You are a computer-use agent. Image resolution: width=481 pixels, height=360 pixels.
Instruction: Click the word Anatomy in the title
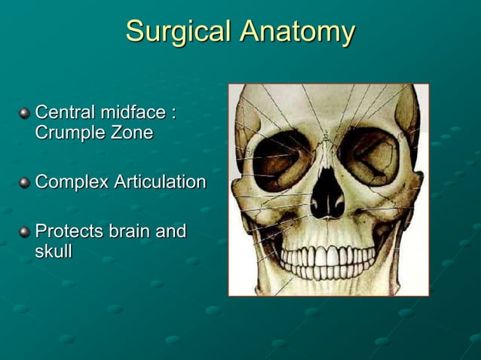[297, 32]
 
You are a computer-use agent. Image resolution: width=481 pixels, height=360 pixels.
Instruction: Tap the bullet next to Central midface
[24, 114]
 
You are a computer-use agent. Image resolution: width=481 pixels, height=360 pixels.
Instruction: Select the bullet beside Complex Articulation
[24, 183]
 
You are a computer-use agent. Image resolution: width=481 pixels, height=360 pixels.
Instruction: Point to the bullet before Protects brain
[24, 232]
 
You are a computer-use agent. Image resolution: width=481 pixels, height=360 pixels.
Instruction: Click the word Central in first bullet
[63, 114]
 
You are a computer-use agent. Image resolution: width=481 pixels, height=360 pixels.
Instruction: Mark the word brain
[128, 231]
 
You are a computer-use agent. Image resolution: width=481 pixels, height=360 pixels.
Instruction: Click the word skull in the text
[53, 252]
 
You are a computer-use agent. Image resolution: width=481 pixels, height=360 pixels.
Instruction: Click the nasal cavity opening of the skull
[327, 197]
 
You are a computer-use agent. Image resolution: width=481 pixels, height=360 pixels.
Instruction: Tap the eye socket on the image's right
[369, 155]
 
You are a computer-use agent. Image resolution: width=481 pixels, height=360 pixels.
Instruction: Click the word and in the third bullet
[171, 231]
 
